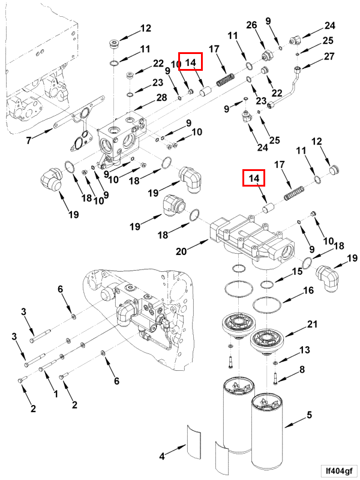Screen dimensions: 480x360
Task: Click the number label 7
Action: (28, 141)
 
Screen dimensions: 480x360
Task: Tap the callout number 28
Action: (162, 98)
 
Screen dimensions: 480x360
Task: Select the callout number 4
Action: (162, 457)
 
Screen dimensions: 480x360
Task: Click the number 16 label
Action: (308, 290)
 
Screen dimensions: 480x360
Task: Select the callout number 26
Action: (251, 25)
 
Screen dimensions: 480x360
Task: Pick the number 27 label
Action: (329, 57)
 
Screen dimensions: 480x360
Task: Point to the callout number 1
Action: (55, 394)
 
